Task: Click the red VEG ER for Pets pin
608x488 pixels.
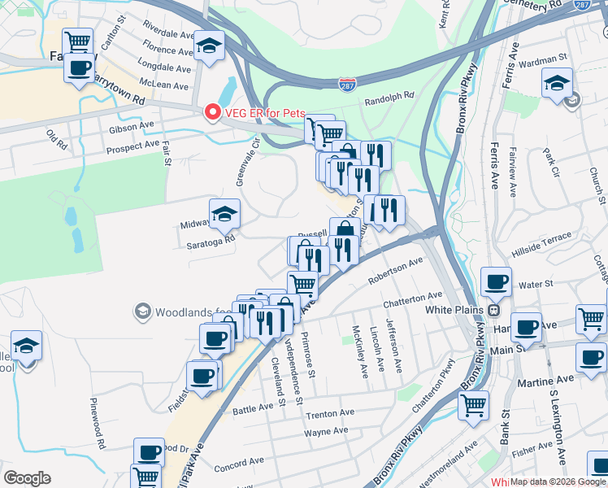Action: [213, 112]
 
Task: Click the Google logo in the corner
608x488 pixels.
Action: [27, 478]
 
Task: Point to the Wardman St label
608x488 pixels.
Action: [545, 59]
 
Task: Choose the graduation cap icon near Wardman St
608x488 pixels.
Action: [558, 84]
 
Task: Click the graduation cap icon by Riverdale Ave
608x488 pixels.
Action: [210, 48]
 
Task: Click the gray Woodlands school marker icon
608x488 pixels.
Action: [143, 312]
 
